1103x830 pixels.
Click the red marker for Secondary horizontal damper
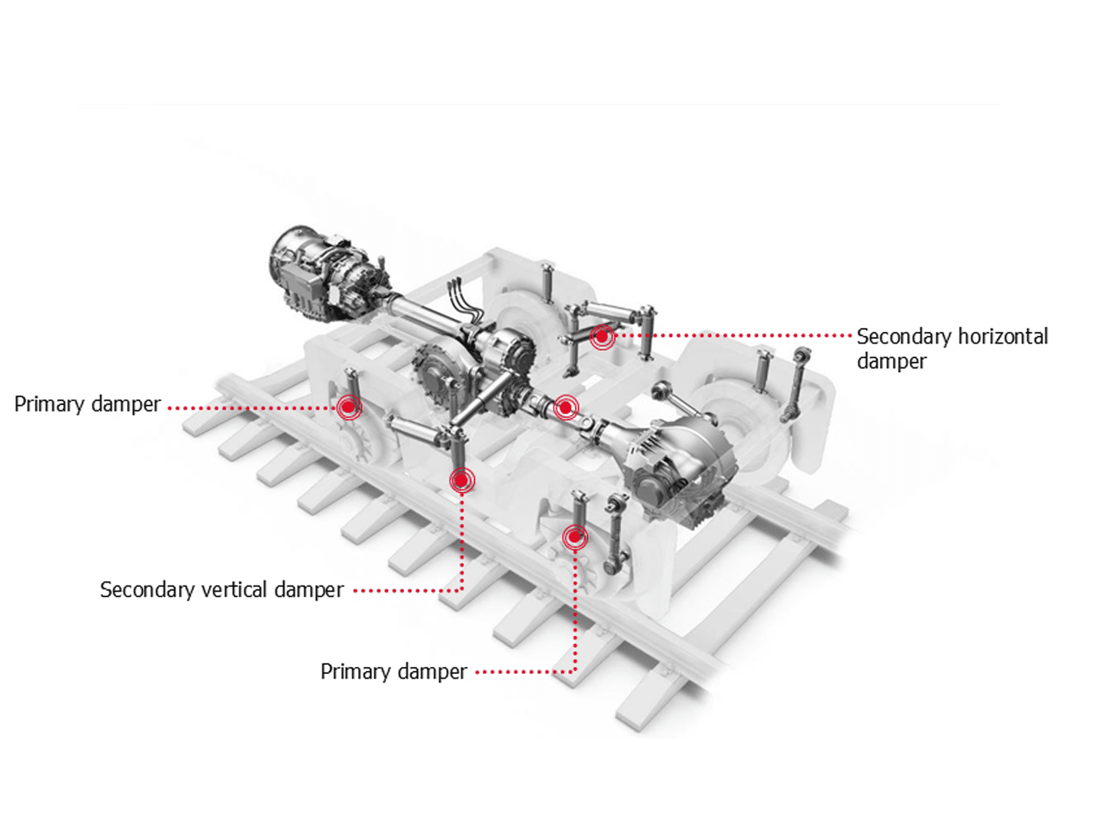603,337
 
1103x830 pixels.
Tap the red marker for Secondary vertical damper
461,480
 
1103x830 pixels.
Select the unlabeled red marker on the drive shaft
566,407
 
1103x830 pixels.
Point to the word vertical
234,589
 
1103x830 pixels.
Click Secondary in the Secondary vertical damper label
147,589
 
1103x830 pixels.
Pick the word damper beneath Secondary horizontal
892,361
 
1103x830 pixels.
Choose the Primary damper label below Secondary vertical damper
394,672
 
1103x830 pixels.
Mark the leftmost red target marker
349,407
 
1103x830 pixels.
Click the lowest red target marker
575,537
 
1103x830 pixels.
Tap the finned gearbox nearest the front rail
676,469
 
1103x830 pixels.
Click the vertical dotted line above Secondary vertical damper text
462,538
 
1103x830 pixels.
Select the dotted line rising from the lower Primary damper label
575,607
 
